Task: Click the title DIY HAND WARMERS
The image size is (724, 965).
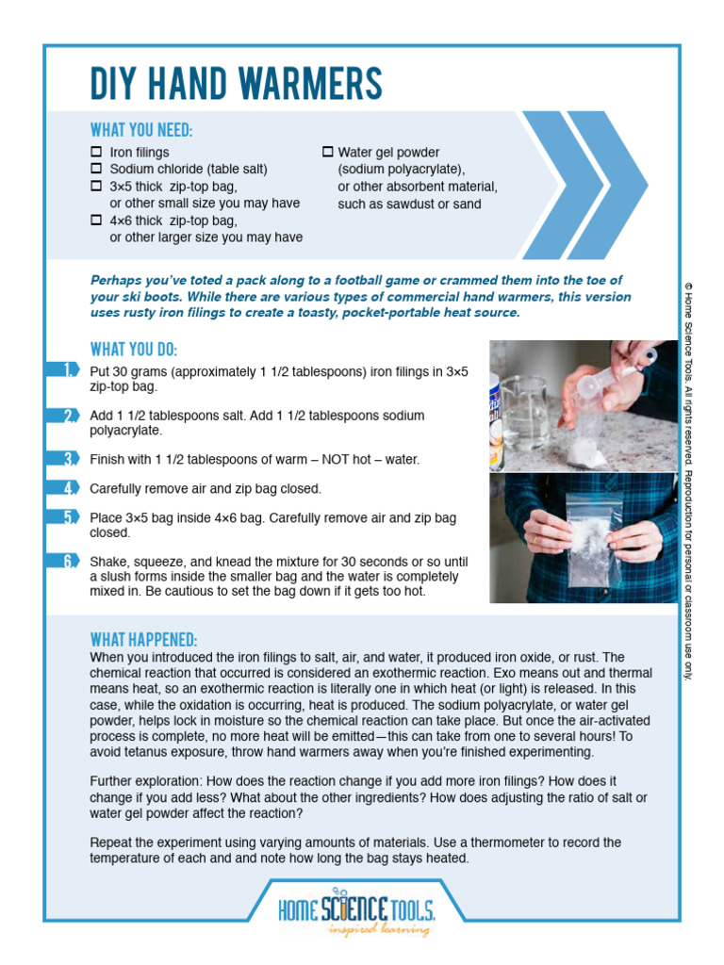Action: coord(236,85)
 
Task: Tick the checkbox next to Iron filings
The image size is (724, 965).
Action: coord(96,152)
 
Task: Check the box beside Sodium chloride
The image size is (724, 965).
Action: coord(96,169)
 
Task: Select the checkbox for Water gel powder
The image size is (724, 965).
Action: coord(328,152)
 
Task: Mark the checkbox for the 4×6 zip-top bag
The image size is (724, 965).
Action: coord(96,220)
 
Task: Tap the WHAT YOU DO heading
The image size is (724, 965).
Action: coord(133,349)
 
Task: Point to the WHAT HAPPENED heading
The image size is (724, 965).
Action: coord(143,639)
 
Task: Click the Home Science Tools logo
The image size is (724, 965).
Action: coord(356,908)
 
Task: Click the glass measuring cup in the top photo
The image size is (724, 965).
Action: coord(523,415)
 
